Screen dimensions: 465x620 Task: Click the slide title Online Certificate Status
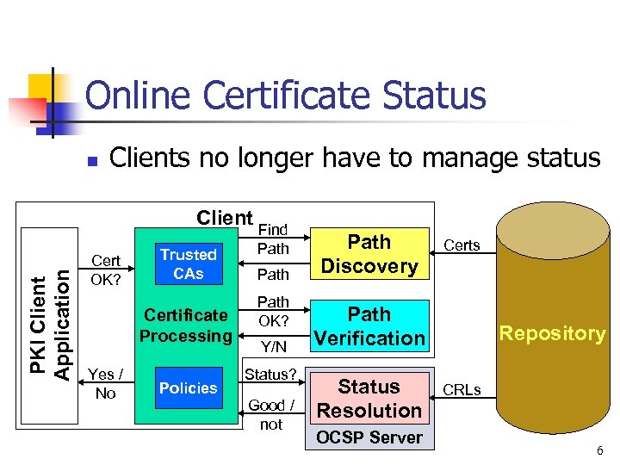[x=286, y=96]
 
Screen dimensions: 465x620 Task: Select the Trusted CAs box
[x=188, y=264]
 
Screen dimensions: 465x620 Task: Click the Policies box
[x=188, y=388]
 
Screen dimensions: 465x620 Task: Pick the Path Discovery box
[x=369, y=254]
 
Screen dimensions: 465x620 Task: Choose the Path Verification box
[x=369, y=326]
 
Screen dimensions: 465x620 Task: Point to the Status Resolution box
[x=369, y=399]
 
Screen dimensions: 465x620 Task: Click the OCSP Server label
[x=369, y=437]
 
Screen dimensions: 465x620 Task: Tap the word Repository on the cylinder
[x=552, y=333]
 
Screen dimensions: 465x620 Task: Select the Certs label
[x=462, y=245]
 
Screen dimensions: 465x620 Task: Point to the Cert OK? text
[x=106, y=270]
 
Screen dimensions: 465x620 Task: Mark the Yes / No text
[x=106, y=383]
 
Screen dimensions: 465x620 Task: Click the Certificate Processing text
[x=186, y=325]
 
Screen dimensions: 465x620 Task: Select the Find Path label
[x=273, y=239]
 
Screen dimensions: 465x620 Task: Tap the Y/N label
[x=273, y=346]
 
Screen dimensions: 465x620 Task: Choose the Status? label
[x=270, y=375]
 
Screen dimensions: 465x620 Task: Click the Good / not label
[x=270, y=414]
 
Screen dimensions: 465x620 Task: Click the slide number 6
[x=598, y=451]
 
